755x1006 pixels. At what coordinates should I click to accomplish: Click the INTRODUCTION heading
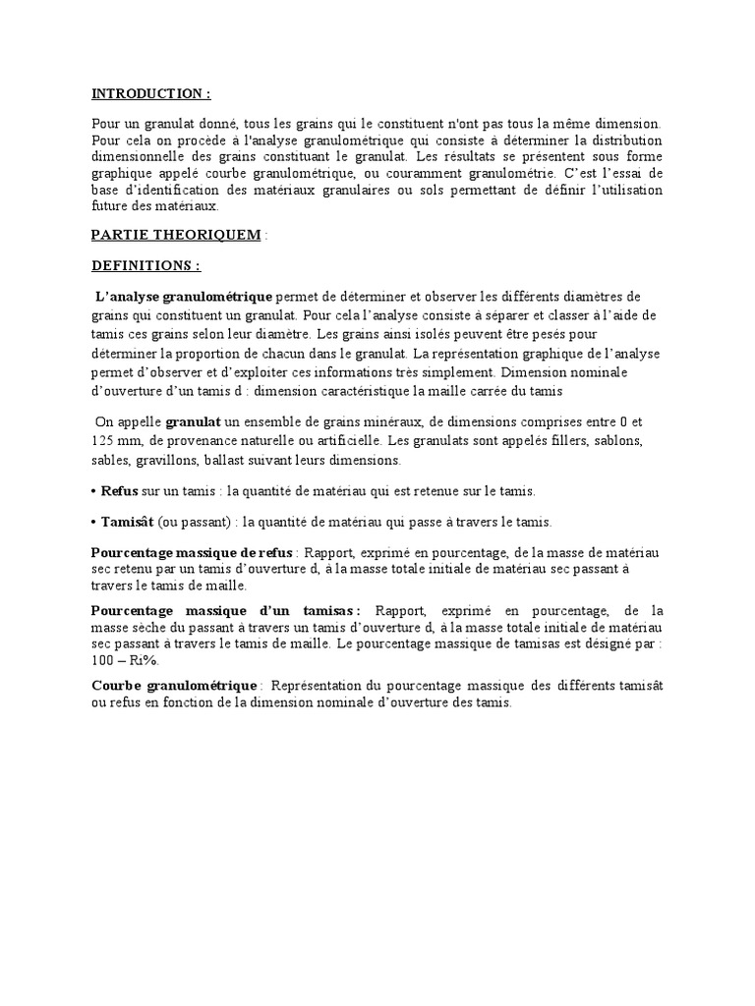(x=150, y=94)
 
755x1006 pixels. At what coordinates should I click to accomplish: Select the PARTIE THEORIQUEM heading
(x=176, y=235)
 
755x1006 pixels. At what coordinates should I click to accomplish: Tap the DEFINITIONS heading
(x=145, y=265)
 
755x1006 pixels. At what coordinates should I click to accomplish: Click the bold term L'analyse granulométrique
(x=184, y=297)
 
